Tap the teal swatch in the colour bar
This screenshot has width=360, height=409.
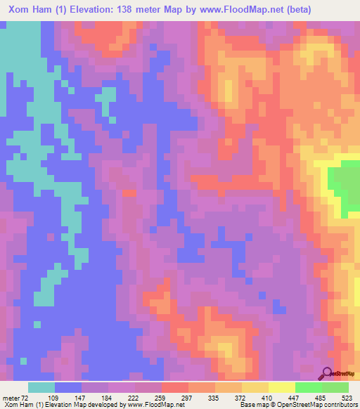41,388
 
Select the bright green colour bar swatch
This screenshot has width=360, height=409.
308,388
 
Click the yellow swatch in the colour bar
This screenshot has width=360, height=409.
281,388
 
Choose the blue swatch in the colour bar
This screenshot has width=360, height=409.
68,388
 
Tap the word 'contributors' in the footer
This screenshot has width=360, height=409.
338,404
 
